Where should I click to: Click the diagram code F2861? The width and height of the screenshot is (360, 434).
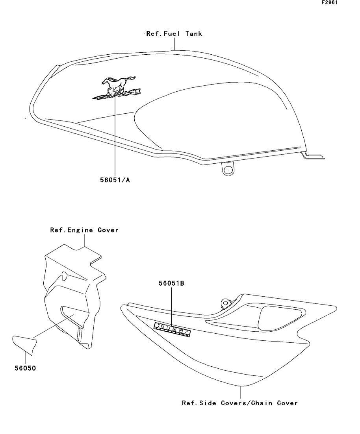pos(330,2)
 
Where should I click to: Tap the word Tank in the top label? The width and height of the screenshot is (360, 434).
pos(194,34)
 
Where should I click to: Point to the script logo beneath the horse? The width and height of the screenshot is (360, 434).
pos(116,94)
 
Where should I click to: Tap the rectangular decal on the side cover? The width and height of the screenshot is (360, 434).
pos(173,329)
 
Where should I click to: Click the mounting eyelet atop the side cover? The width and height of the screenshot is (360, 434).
pos(226,302)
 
